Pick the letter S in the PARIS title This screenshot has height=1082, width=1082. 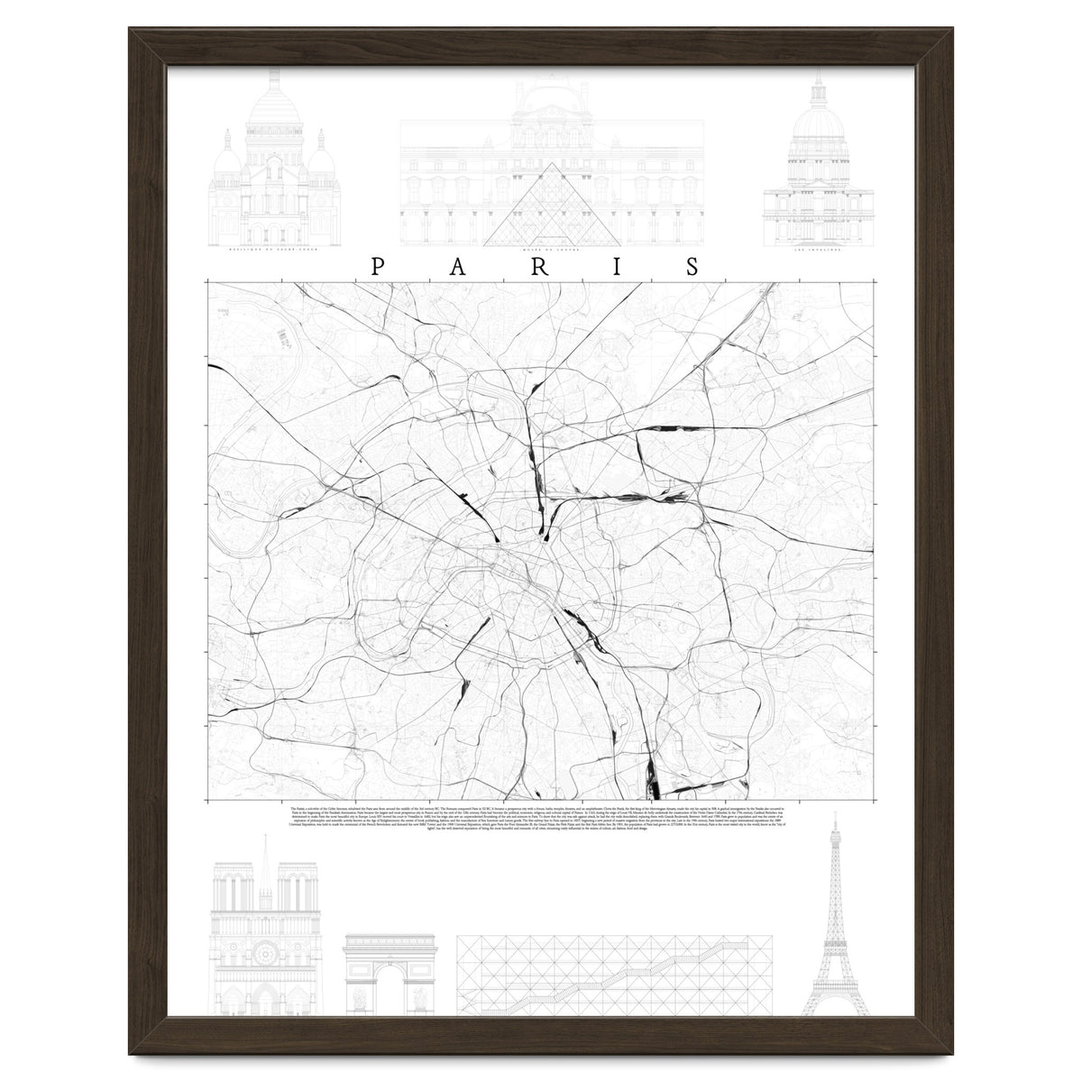(x=693, y=266)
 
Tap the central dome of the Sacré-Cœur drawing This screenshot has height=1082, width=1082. (x=268, y=113)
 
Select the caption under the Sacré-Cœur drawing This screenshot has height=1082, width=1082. (x=268, y=252)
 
